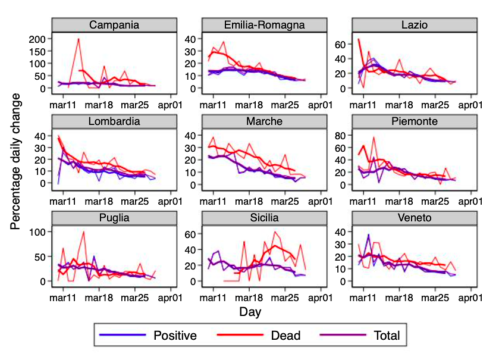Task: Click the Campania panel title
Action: (x=114, y=25)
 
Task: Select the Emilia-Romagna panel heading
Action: (x=264, y=25)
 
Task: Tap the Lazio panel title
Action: (x=414, y=25)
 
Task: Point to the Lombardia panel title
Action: (x=114, y=121)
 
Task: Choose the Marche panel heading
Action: (x=264, y=121)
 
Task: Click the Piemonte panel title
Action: (x=414, y=121)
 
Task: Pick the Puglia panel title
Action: (x=114, y=218)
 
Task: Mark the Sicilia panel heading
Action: (x=264, y=218)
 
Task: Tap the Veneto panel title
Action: (x=414, y=218)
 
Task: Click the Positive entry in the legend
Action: (x=175, y=336)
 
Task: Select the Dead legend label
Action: (x=285, y=336)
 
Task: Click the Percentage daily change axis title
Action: (x=17, y=161)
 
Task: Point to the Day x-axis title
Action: (x=250, y=311)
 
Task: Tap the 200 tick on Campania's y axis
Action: (x=39, y=39)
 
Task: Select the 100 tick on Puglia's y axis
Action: (x=39, y=232)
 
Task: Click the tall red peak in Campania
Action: (x=79, y=40)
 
